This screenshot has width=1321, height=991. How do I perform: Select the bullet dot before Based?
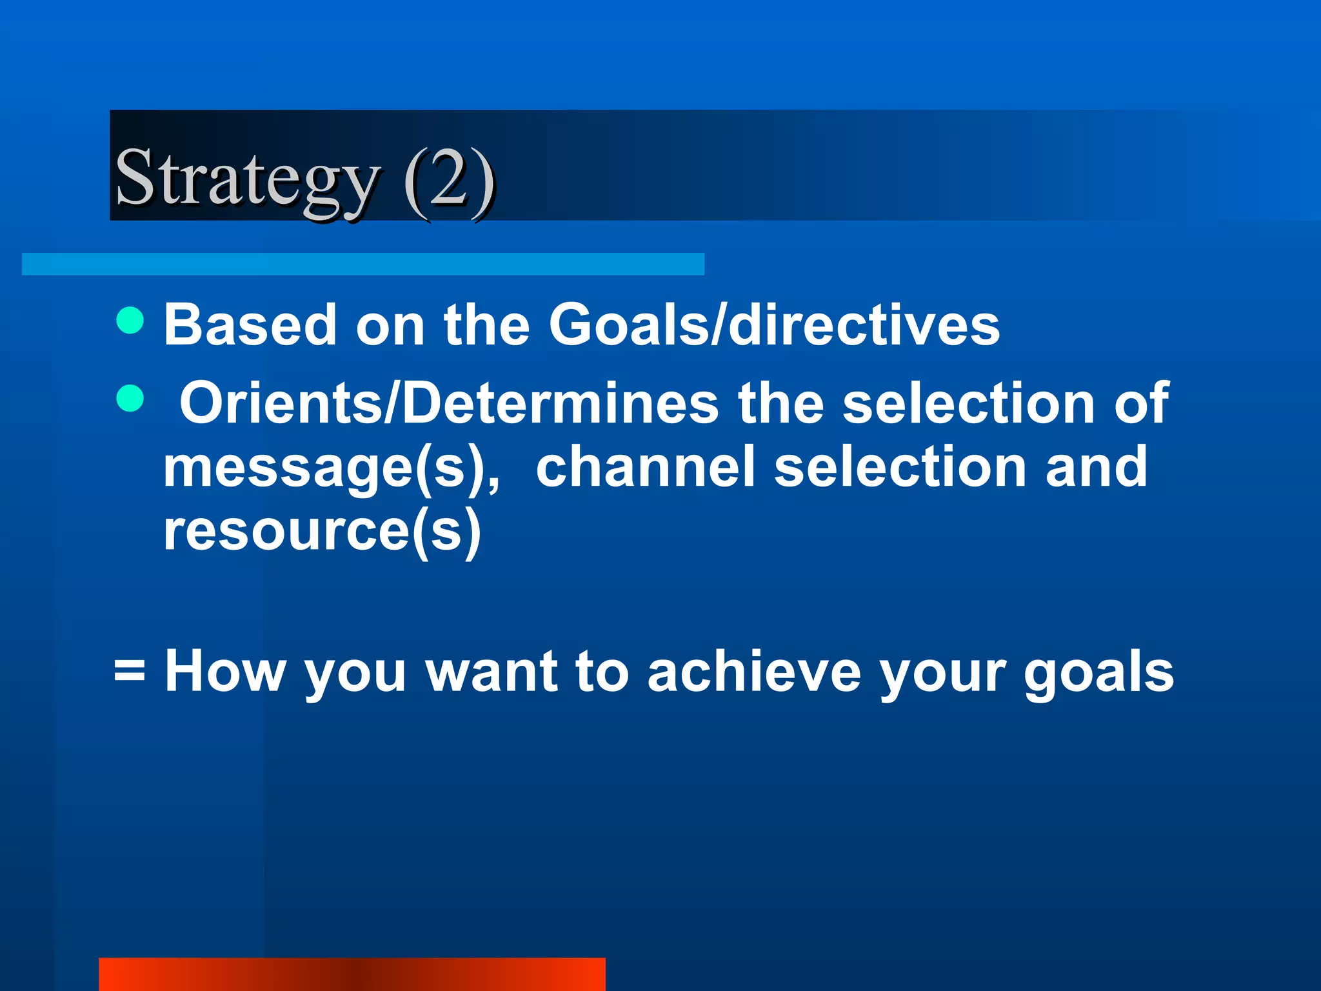click(130, 321)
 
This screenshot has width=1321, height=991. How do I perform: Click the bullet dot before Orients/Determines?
click(130, 398)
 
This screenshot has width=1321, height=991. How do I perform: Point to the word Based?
click(250, 325)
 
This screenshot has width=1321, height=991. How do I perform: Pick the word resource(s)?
click(322, 531)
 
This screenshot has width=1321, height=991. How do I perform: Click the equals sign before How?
click(130, 672)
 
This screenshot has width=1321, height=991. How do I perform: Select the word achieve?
click(754, 672)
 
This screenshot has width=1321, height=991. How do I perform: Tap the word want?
click(492, 672)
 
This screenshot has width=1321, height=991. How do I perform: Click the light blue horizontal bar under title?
click(363, 264)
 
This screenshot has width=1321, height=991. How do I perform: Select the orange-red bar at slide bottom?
click(352, 974)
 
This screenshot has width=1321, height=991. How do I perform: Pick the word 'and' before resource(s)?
click(1097, 466)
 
